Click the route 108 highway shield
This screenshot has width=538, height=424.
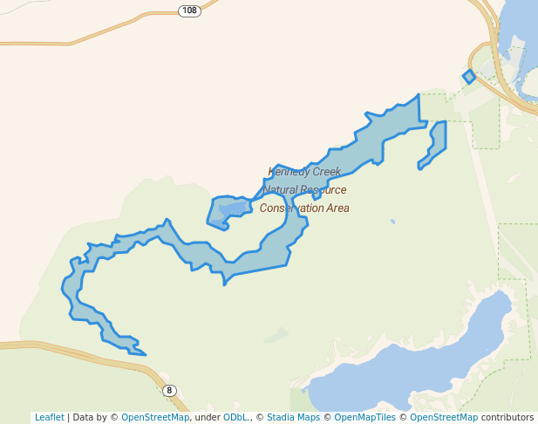(x=189, y=10)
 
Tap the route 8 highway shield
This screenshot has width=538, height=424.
(x=169, y=390)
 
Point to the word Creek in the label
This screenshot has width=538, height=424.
(x=327, y=172)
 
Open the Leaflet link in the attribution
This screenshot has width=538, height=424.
(x=49, y=417)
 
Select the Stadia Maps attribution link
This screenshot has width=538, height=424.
(x=298, y=417)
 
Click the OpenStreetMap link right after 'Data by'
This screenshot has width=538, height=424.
(x=155, y=417)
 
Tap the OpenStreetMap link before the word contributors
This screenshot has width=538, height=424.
(x=444, y=417)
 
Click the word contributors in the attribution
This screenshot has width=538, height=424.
(x=507, y=417)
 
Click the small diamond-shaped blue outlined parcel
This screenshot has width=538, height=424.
(x=469, y=77)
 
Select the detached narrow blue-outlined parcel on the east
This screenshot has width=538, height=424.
(x=435, y=143)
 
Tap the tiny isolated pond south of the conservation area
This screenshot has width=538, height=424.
(x=392, y=222)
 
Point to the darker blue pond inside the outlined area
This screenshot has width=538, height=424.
(x=233, y=208)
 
